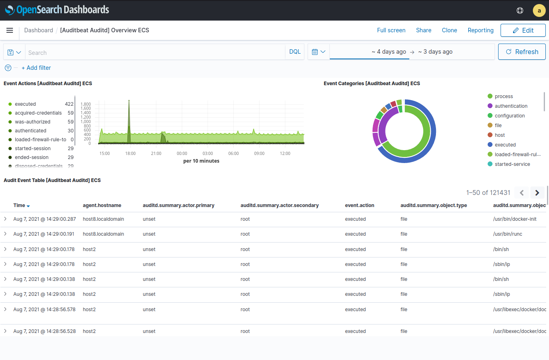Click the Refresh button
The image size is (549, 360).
pos(522,52)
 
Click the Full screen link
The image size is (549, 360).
pos(391,30)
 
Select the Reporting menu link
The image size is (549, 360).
pos(480,30)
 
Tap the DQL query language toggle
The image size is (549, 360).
pos(295,52)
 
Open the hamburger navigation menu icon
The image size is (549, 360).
pos(10,30)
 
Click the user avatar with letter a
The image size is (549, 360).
pos(539,10)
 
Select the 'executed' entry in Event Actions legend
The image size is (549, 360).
pos(25,104)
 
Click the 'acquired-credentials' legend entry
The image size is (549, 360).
pos(38,113)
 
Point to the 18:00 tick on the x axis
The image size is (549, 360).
pos(130,153)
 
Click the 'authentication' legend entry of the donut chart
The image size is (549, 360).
pos(511,106)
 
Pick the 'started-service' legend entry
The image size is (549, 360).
pos(512,164)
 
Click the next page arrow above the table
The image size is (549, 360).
pos(537,193)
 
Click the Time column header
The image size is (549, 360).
pos(19,205)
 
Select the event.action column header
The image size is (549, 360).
pos(359,205)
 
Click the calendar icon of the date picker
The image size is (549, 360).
pos(315,52)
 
